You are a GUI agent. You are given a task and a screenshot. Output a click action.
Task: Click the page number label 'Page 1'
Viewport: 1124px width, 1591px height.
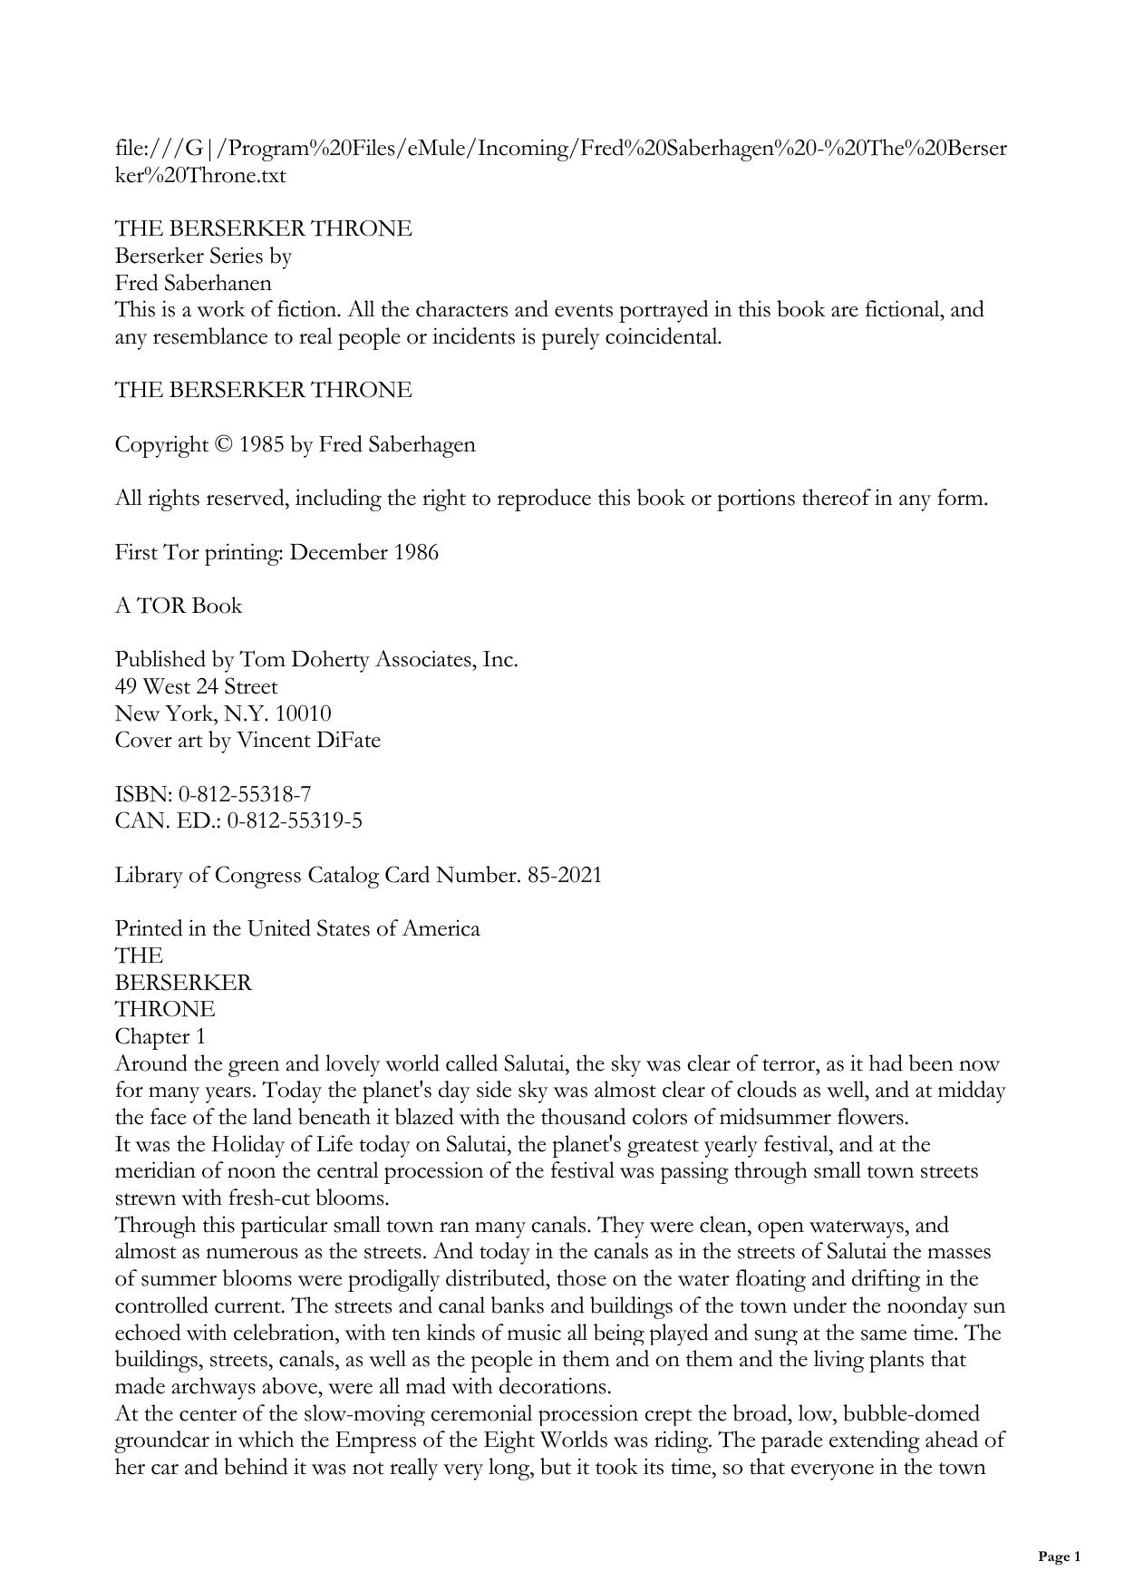pos(1059,1557)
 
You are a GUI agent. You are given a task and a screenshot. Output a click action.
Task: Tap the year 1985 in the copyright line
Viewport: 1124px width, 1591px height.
pos(262,445)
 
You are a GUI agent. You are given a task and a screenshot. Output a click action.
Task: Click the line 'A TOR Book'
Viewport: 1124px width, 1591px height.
pos(178,606)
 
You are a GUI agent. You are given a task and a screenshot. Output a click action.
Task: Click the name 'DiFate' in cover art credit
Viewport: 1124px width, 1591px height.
pos(348,741)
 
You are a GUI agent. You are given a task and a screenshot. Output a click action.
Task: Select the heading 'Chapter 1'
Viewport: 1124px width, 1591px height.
pos(160,1037)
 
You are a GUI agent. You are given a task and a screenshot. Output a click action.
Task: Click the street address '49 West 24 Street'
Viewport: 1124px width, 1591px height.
pos(196,687)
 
